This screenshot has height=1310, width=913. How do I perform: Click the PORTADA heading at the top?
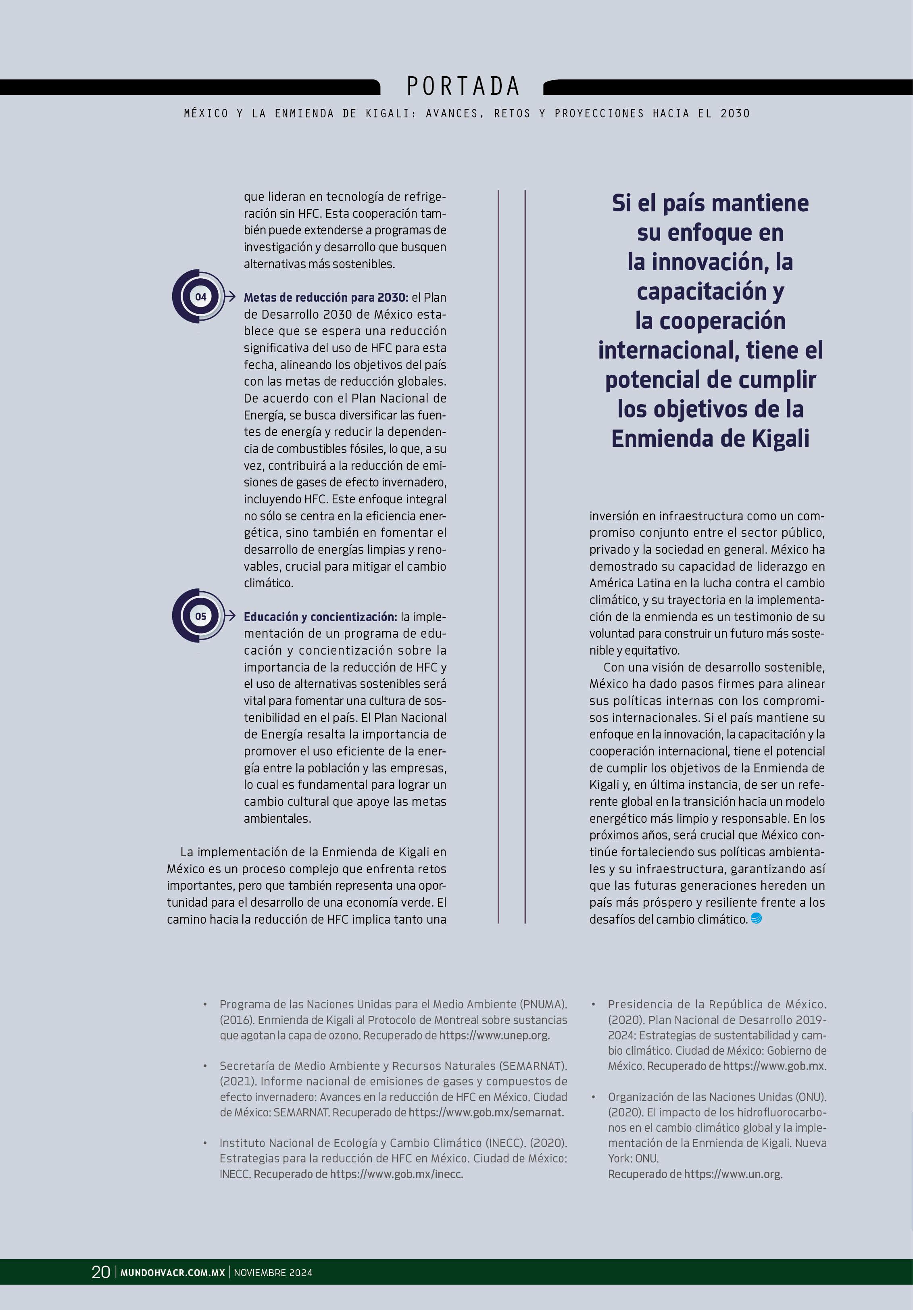[x=463, y=87]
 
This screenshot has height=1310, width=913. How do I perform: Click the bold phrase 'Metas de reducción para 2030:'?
[x=326, y=297]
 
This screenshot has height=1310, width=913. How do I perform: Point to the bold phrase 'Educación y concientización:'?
[x=320, y=617]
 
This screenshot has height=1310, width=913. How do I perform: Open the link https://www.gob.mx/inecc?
[x=396, y=1174]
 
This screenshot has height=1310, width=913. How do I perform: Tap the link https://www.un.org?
[x=733, y=1174]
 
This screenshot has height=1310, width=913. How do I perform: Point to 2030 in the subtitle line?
[x=735, y=114]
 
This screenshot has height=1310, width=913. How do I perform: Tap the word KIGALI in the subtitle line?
[x=388, y=114]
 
